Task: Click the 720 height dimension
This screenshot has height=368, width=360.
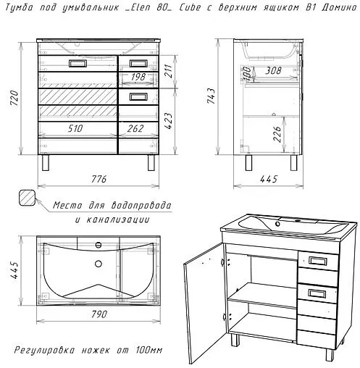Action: tap(14, 98)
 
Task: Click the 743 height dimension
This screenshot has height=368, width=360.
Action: tap(211, 96)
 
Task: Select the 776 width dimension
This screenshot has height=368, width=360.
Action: tap(99, 179)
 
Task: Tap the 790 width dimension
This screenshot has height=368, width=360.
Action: tap(99, 314)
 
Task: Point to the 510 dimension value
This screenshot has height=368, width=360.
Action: tap(75, 128)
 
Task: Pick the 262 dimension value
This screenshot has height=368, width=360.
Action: tap(135, 128)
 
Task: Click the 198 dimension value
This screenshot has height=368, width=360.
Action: tap(138, 77)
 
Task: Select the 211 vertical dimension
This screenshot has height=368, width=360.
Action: tap(168, 70)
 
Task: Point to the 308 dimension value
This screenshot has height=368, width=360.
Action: tap(273, 70)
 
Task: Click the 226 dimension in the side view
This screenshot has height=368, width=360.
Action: tap(277, 134)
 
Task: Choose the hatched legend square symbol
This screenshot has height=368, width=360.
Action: tap(28, 198)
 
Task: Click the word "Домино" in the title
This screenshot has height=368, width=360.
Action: tap(339, 8)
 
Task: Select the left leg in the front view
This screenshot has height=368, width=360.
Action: tap(46, 163)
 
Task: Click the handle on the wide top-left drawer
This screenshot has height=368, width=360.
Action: tap(78, 64)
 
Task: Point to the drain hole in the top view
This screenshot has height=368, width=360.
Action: tap(99, 264)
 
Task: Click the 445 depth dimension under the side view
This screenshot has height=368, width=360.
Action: tap(269, 179)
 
